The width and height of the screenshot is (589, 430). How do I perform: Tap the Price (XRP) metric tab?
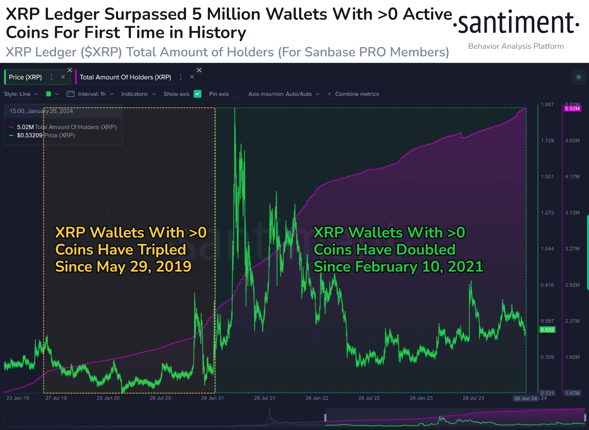click(x=25, y=77)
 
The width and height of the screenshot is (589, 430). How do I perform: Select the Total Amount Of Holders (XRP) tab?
click(x=125, y=77)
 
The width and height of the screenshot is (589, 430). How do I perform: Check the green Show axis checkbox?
click(x=197, y=94)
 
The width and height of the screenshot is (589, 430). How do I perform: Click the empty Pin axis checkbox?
click(x=236, y=94)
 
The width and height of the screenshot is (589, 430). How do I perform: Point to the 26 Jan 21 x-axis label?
click(x=212, y=398)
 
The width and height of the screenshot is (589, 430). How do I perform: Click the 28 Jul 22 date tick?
click(x=369, y=398)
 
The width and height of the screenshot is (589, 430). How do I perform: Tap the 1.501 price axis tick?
click(x=547, y=177)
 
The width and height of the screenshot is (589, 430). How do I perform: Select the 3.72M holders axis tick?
click(x=572, y=213)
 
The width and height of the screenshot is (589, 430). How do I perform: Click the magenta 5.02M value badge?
click(x=572, y=109)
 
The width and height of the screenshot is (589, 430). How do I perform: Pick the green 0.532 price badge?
click(x=547, y=330)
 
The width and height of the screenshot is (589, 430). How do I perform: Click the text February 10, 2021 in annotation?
click(x=419, y=267)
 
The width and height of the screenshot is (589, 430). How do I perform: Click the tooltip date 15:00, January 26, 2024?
click(x=41, y=111)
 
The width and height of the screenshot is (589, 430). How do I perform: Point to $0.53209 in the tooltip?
click(x=29, y=135)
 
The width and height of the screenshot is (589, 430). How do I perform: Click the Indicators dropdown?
click(x=138, y=94)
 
